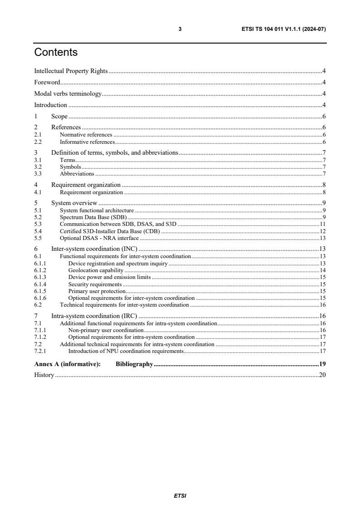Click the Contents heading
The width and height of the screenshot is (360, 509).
(56, 53)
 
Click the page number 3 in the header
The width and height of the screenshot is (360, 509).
(180, 29)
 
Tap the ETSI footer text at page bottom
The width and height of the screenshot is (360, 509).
(180, 496)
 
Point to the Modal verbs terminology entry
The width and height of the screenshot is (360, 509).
(68, 94)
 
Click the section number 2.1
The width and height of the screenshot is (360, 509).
(38, 135)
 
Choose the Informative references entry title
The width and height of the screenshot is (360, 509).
(87, 142)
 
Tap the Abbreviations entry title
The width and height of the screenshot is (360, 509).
(77, 174)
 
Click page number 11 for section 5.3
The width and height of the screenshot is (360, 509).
(323, 224)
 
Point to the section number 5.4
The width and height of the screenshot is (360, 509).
(38, 231)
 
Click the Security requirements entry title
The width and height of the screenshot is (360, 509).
(95, 284)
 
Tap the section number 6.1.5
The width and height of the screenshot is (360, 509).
(40, 291)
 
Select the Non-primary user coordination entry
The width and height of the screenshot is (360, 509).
(105, 330)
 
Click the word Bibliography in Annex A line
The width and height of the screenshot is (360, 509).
(134, 364)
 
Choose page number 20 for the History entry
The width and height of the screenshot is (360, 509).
(323, 375)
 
